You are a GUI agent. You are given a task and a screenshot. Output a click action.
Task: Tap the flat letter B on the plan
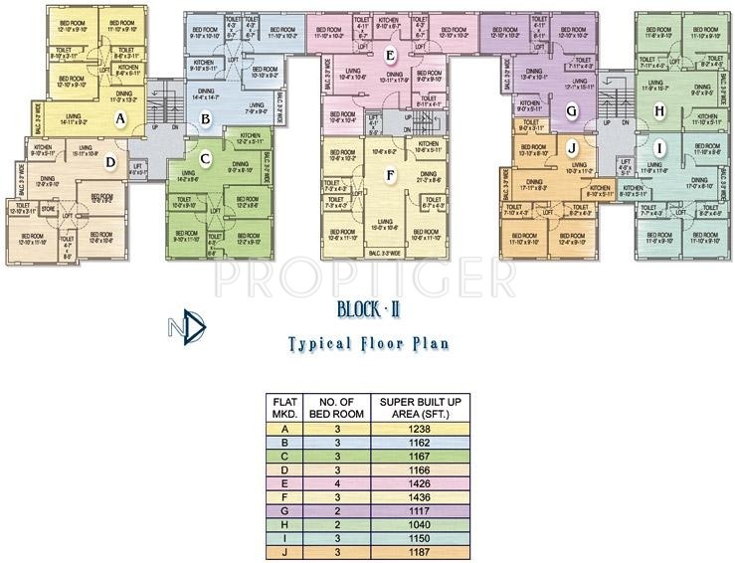(206, 120)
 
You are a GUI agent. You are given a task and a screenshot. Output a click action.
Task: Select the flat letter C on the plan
(205, 157)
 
